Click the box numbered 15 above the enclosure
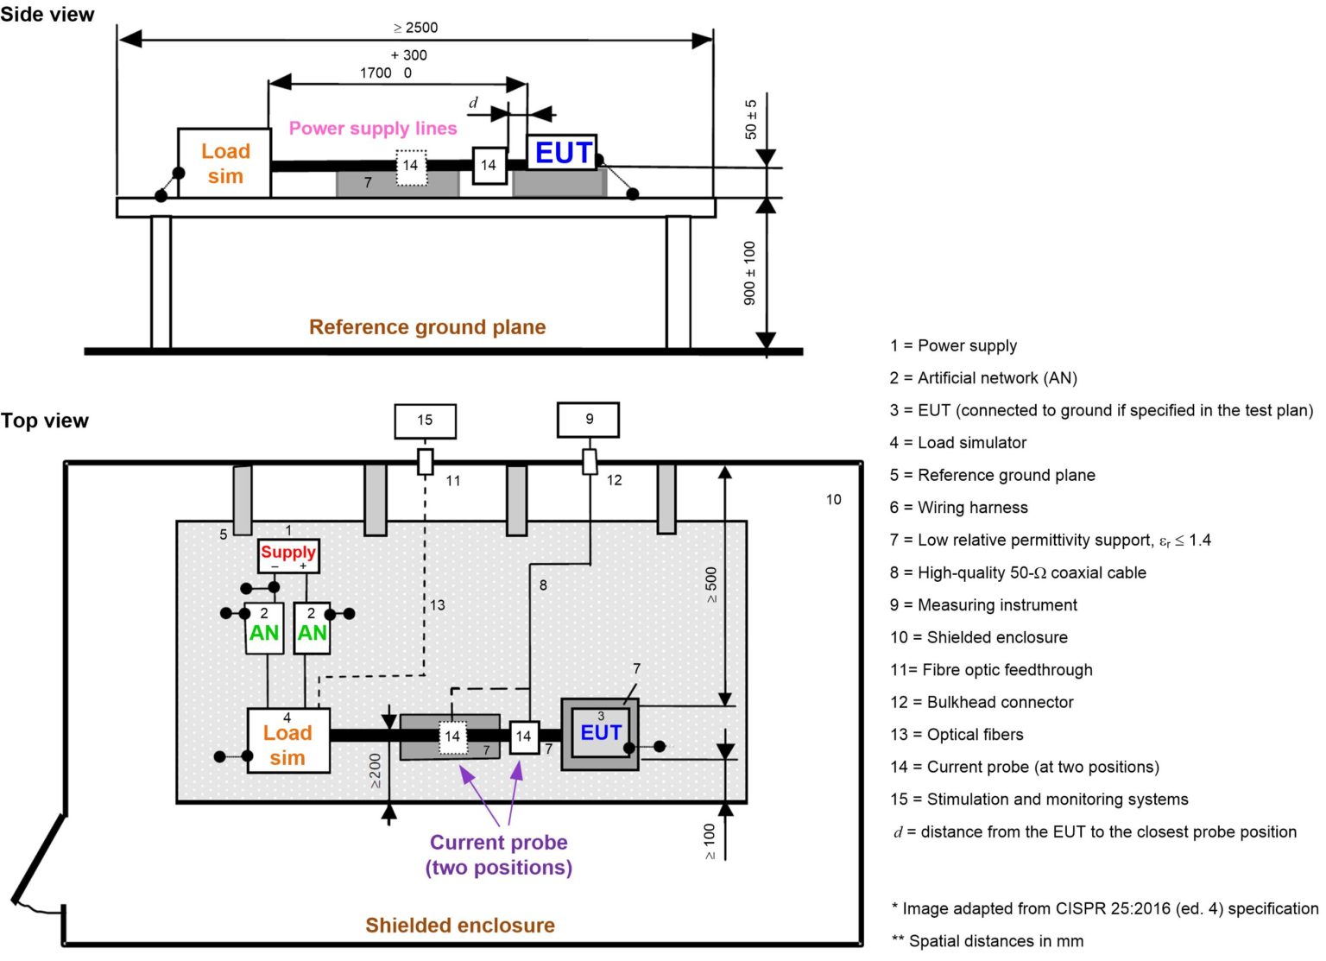(425, 420)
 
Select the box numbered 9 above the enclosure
(588, 420)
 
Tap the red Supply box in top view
(288, 554)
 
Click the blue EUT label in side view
(563, 153)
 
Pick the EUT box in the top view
(600, 733)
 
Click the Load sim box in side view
(224, 163)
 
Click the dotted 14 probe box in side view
(411, 167)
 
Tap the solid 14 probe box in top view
(523, 737)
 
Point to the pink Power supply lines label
(372, 129)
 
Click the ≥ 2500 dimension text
(415, 28)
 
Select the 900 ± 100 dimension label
(749, 273)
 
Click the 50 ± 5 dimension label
(751, 119)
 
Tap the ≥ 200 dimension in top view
(375, 771)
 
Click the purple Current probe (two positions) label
(498, 855)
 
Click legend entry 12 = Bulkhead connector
(982, 702)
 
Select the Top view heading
(45, 420)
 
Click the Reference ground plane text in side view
(427, 327)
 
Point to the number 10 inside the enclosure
(833, 499)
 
